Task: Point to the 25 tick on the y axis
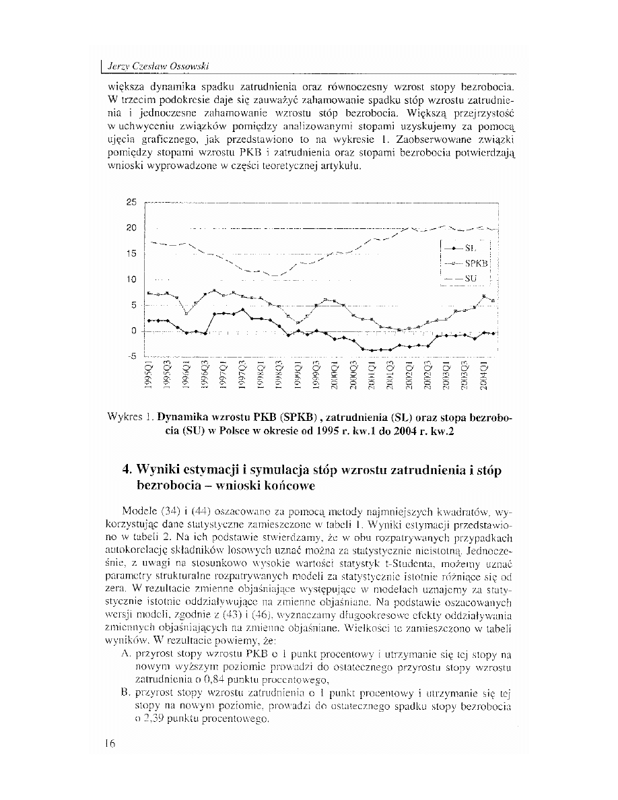(x=131, y=202)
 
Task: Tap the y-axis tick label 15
(x=131, y=254)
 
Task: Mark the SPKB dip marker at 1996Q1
(x=186, y=314)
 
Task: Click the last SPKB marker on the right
(x=493, y=300)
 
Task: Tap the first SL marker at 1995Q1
(x=149, y=321)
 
